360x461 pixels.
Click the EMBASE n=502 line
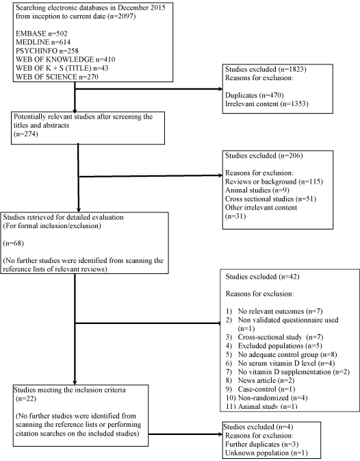pyautogui.click(x=41, y=34)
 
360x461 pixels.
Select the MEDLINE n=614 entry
pyautogui.click(x=43, y=42)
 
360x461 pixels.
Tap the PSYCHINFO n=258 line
pyautogui.click(x=47, y=51)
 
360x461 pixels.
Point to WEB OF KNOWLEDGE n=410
pyautogui.click(x=66, y=60)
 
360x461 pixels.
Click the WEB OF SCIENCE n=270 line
pyautogui.click(x=57, y=77)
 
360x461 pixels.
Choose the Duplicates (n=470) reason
pyautogui.click(x=255, y=95)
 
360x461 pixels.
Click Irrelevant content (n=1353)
pyautogui.click(x=267, y=104)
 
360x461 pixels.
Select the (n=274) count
pyautogui.click(x=26, y=134)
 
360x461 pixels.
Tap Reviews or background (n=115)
pyautogui.click(x=274, y=182)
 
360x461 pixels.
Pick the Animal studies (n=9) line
pyautogui.click(x=257, y=190)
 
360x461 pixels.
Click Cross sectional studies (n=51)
pyautogui.click(x=270, y=199)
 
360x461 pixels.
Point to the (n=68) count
pyautogui.click(x=13, y=243)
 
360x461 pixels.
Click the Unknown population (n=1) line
pyautogui.click(x=266, y=453)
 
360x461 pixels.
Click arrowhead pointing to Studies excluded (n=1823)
pyautogui.click(x=220, y=89)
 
